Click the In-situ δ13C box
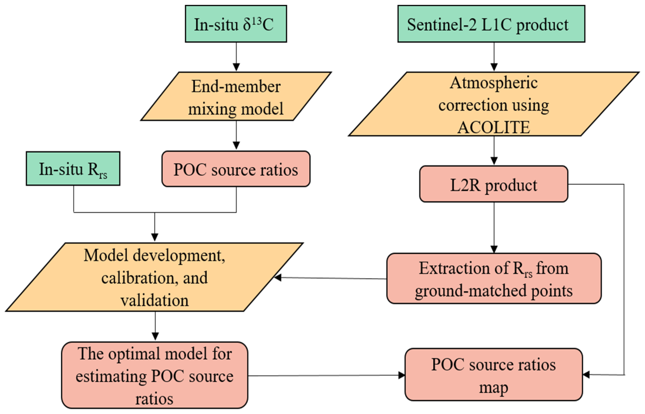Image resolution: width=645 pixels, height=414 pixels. click(236, 24)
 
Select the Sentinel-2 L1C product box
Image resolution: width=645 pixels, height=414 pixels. click(491, 24)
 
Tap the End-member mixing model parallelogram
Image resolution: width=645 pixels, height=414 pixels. click(236, 96)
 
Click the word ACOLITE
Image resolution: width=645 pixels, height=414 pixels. click(493, 127)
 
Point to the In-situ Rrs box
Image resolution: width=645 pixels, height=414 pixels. click(73, 169)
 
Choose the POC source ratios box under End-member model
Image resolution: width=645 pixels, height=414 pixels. click(236, 169)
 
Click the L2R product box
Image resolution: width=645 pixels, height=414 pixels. click(493, 184)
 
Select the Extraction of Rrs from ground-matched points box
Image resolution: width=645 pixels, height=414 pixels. click(493, 279)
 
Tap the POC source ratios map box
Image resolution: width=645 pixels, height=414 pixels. click(493, 375)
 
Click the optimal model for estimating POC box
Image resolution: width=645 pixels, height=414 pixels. click(154, 375)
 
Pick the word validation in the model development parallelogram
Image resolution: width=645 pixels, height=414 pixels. click(154, 301)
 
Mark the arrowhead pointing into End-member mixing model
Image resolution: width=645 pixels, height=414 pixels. click(236, 67)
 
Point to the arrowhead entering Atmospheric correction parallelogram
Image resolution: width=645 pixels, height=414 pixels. click(494, 67)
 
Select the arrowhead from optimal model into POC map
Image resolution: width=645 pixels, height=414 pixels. click(401, 375)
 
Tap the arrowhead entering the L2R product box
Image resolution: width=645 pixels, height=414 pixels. click(494, 161)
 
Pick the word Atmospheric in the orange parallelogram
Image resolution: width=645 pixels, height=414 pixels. click(493, 83)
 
